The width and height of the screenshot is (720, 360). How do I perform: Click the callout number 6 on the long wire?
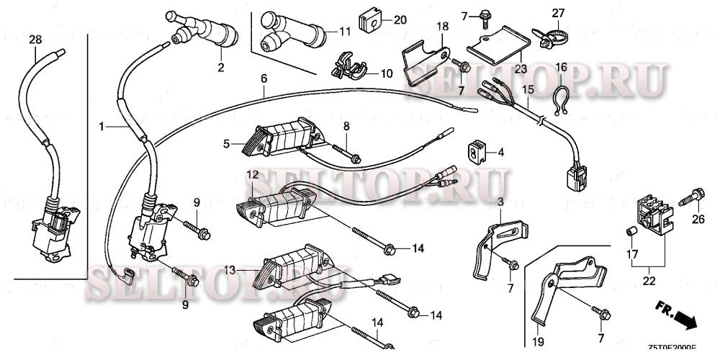click(x=264, y=78)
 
